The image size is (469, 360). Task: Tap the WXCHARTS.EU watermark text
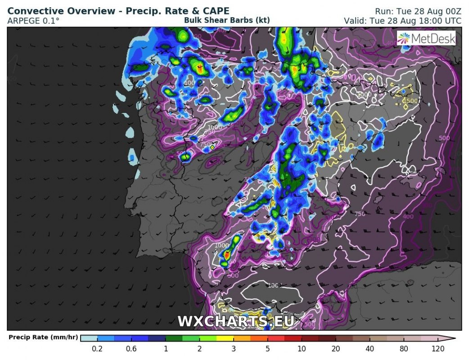click(x=236, y=321)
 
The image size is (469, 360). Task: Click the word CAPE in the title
click(x=216, y=11)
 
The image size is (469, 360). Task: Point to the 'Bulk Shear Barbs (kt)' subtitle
click(x=227, y=20)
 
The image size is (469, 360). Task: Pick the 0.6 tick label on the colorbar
click(x=132, y=349)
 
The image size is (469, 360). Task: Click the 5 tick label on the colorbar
click(x=267, y=349)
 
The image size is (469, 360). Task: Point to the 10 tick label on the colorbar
click(x=301, y=349)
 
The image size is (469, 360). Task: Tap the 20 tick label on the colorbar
click(x=335, y=349)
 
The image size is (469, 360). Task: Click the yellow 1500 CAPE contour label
click(x=411, y=101)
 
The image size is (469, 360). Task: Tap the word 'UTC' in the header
click(x=452, y=21)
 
